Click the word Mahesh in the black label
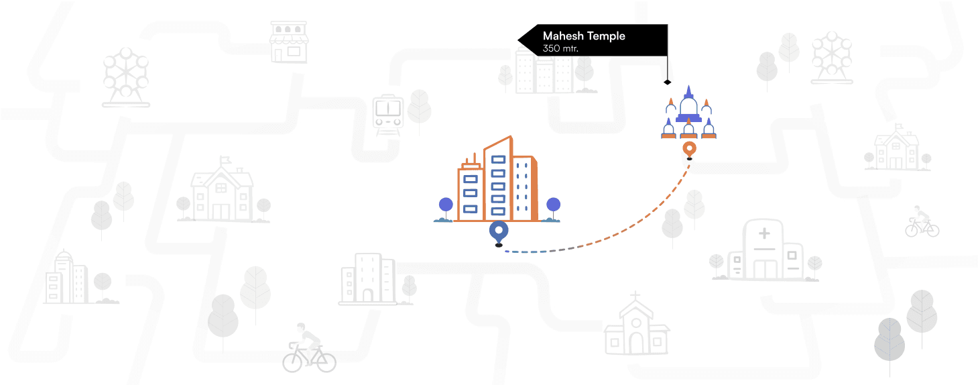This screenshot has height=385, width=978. (x=563, y=36)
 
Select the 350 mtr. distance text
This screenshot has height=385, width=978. (x=560, y=49)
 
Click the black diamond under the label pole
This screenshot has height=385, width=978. (x=667, y=82)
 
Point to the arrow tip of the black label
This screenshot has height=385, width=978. (x=520, y=41)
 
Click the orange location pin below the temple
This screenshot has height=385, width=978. (x=688, y=149)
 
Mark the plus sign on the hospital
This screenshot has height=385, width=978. (x=763, y=234)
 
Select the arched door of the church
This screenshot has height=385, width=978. (x=635, y=342)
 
